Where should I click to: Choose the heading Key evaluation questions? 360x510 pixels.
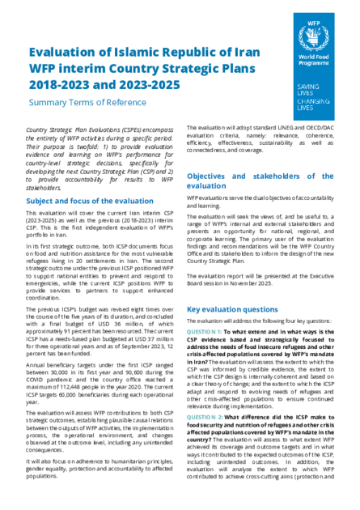click(x=230, y=308)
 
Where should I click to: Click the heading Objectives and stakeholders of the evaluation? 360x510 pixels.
click(x=252, y=181)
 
